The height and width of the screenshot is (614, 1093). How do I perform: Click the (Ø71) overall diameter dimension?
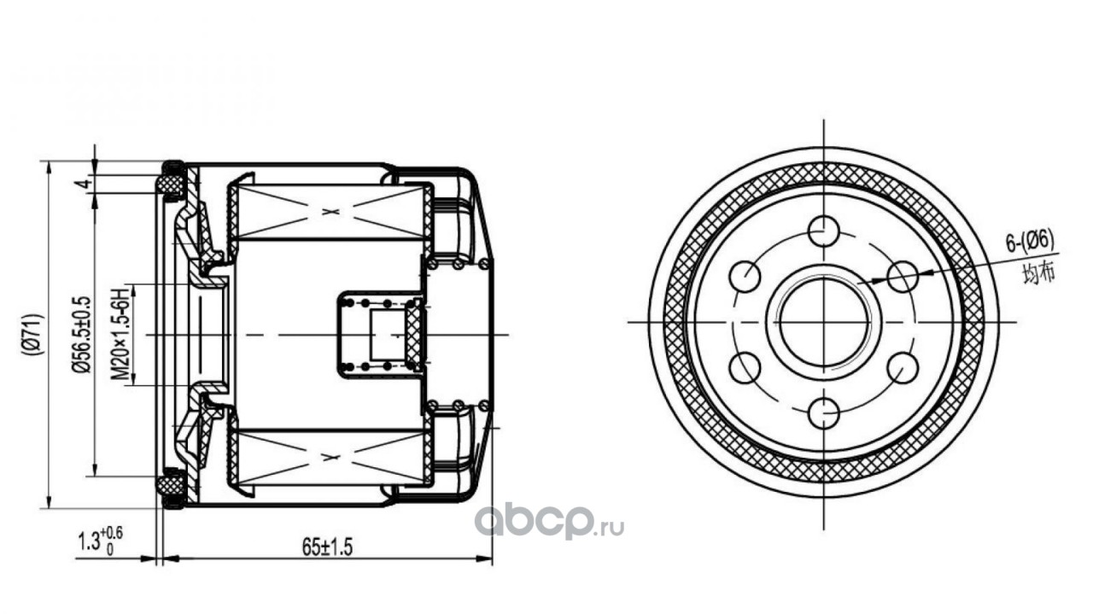click(x=33, y=335)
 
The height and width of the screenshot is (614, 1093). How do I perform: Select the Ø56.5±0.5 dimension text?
click(x=81, y=335)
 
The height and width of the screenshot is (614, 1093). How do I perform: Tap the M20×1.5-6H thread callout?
click(x=119, y=335)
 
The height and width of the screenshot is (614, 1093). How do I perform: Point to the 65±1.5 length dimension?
click(x=327, y=547)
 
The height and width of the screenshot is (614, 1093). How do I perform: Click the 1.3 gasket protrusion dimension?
click(x=101, y=541)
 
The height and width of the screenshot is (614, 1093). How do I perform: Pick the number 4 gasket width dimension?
click(x=84, y=184)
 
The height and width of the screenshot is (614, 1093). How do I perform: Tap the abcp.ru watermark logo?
click(x=549, y=521)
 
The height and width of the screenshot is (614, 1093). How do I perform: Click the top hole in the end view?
click(x=824, y=231)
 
